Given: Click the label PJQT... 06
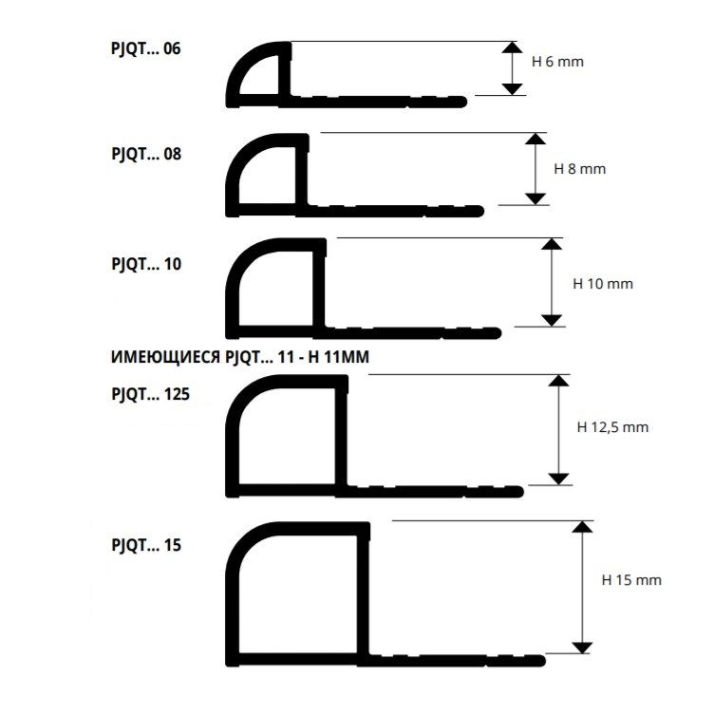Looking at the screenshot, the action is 145,49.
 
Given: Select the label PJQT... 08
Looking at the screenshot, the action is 146,155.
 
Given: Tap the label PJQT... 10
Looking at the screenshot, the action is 146,265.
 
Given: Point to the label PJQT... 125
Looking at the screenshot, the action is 150,394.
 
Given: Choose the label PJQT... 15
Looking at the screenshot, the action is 146,546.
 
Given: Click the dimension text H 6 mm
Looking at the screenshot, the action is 557,62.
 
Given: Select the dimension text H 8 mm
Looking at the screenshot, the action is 580,169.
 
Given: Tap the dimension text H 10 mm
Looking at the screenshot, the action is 603,284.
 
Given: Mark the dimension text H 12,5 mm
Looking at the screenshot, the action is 612,427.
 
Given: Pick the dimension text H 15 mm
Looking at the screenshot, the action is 631,580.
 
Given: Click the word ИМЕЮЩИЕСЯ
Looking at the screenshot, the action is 166,357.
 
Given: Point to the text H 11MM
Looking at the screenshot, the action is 338,357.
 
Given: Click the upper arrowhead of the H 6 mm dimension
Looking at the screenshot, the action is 513,47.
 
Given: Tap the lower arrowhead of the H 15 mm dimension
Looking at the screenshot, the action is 582,648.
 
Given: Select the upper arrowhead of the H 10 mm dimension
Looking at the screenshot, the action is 552,244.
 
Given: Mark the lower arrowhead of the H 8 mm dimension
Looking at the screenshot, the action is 535,199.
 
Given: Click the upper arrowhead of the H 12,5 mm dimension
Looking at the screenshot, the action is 558,381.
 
